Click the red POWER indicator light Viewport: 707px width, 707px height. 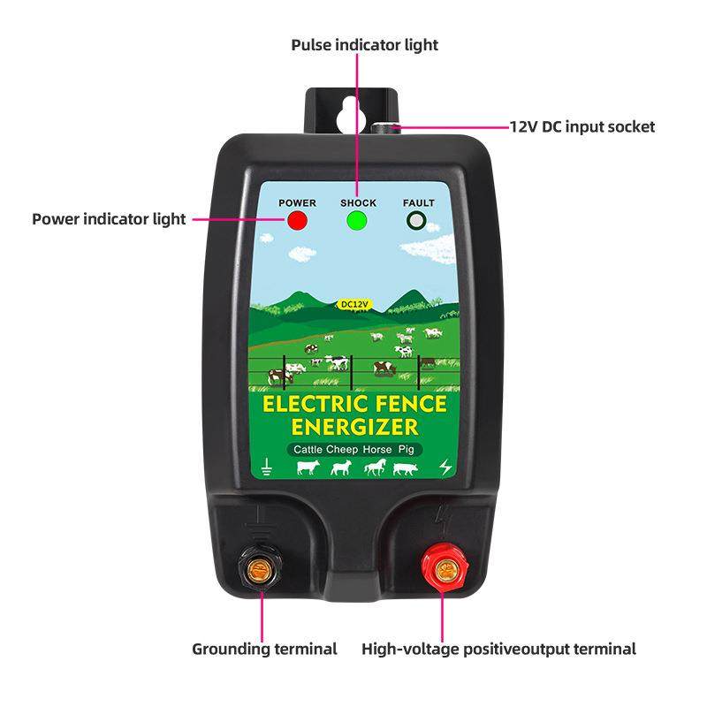click(297, 221)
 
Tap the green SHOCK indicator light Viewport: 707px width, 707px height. click(357, 221)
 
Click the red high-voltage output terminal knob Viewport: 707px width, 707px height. click(441, 561)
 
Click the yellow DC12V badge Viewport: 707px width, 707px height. click(354, 305)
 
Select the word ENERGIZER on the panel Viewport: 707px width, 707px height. click(354, 428)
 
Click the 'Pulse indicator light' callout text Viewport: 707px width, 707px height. click(364, 44)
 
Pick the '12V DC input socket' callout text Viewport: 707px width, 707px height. click(582, 126)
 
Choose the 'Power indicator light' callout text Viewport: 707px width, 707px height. click(109, 218)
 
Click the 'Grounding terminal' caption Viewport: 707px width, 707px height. click(264, 649)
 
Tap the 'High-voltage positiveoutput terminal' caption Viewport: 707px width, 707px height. click(498, 649)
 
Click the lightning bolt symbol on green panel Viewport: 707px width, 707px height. click(444, 467)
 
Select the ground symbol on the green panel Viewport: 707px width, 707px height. click(266, 467)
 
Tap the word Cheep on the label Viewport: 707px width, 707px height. click(345, 450)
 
